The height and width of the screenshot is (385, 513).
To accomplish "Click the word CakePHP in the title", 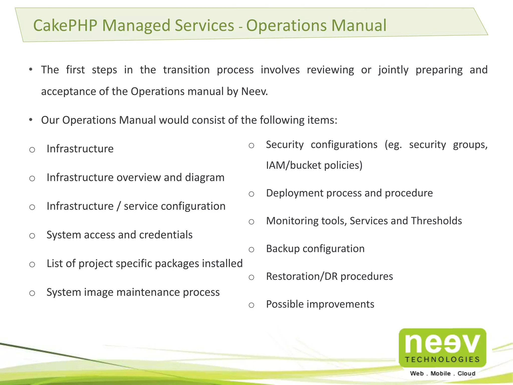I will pyautogui.click(x=65, y=26).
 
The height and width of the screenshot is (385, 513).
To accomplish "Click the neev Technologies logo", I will pyautogui.click(x=442, y=347).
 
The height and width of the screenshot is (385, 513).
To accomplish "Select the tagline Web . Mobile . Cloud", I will pyautogui.click(x=442, y=373).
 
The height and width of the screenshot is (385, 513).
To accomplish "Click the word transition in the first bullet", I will pyautogui.click(x=186, y=70).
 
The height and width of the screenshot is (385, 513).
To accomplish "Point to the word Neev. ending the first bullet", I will pyautogui.click(x=254, y=91).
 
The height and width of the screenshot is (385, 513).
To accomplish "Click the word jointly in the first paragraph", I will pyautogui.click(x=393, y=70).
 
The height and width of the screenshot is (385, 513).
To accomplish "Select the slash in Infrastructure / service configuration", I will pyautogui.click(x=119, y=206).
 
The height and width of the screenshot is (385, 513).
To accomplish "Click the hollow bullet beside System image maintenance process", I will pyautogui.click(x=32, y=293).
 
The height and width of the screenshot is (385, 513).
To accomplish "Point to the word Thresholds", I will pyautogui.click(x=436, y=221).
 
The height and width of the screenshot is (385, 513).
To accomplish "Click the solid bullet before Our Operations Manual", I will pyautogui.click(x=31, y=120).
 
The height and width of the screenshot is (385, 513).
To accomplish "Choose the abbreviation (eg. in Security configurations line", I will pyautogui.click(x=393, y=145).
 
